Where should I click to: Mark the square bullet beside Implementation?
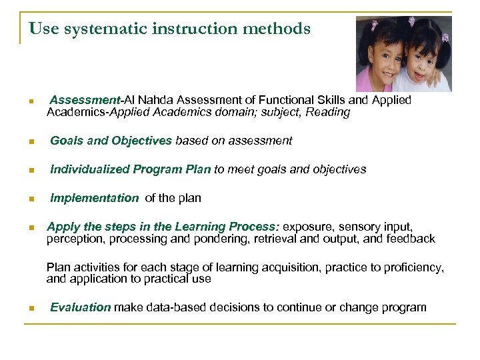pos(30,199)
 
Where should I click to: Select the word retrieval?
pos(281,239)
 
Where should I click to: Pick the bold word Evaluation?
pos(80,307)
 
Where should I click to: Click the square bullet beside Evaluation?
pos(30,308)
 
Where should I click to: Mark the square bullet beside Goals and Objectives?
pos(30,141)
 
